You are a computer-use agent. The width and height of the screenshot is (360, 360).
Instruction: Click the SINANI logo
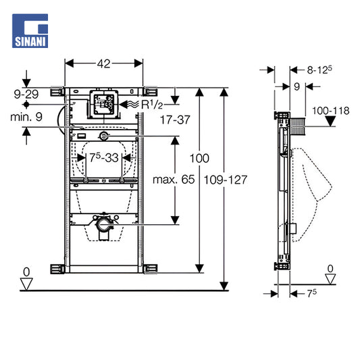30,31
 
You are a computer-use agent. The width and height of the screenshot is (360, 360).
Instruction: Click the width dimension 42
104,63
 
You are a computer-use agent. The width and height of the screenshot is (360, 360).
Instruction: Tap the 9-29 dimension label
26,94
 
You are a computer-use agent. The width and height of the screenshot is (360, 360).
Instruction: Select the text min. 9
26,117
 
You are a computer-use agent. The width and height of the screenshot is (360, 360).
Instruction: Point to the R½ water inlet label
152,105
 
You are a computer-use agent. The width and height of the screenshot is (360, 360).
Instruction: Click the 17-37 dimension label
175,120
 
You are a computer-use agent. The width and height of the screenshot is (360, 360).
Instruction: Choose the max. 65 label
174,179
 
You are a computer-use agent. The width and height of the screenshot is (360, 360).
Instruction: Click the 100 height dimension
199,158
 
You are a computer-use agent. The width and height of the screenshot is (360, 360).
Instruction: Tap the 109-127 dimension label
226,180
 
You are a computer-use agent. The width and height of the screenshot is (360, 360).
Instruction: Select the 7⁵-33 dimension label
104,157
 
